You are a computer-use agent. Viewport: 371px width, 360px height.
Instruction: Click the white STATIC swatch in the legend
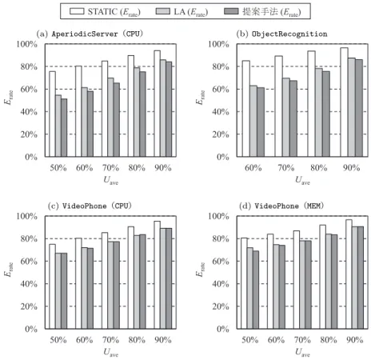click(x=77, y=11)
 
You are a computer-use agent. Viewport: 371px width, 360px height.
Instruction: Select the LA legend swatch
click(x=163, y=11)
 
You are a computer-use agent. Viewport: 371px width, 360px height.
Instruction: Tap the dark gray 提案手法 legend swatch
click(x=231, y=11)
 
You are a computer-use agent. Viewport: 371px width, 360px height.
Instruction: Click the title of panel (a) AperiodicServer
click(x=90, y=34)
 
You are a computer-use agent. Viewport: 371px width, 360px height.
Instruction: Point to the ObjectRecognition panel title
click(x=281, y=34)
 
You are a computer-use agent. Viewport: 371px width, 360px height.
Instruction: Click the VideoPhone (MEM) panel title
click(x=281, y=206)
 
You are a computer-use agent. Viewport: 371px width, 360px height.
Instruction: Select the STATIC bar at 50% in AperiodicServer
click(x=52, y=114)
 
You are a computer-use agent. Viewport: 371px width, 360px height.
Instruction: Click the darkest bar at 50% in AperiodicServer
click(x=64, y=128)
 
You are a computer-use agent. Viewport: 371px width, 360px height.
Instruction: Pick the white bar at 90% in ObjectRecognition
click(x=344, y=102)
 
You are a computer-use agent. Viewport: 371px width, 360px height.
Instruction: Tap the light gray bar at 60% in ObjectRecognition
click(x=253, y=121)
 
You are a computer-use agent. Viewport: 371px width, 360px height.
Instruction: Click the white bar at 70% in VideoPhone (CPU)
click(x=105, y=281)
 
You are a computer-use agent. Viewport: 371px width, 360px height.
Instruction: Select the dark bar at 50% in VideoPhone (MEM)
click(x=256, y=290)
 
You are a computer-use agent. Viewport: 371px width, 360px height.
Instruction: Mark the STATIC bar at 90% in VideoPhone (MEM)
click(x=349, y=274)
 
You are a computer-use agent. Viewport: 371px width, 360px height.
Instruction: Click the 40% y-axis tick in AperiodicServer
click(x=29, y=112)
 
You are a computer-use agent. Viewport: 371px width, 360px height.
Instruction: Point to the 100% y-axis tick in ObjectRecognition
click(x=218, y=44)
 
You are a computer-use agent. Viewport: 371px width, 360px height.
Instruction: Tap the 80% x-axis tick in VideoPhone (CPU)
click(x=137, y=340)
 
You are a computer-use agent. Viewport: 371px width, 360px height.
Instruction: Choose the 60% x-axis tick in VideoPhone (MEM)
click(x=276, y=340)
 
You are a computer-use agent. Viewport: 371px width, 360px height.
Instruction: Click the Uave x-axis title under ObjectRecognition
click(x=302, y=181)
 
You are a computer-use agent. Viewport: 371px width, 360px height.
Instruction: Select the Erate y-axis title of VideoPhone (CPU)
click(x=9, y=270)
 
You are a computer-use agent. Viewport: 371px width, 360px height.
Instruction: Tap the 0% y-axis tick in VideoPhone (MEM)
click(x=223, y=329)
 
